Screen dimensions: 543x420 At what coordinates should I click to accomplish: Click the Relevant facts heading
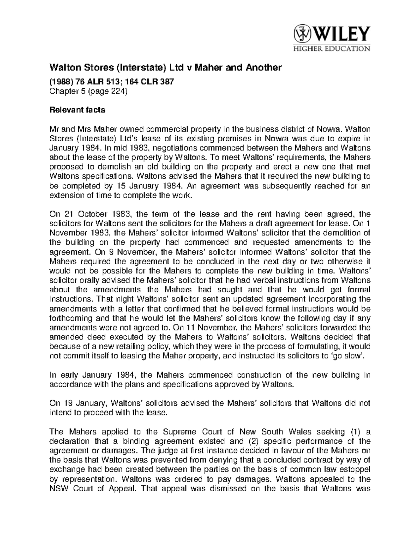77,110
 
